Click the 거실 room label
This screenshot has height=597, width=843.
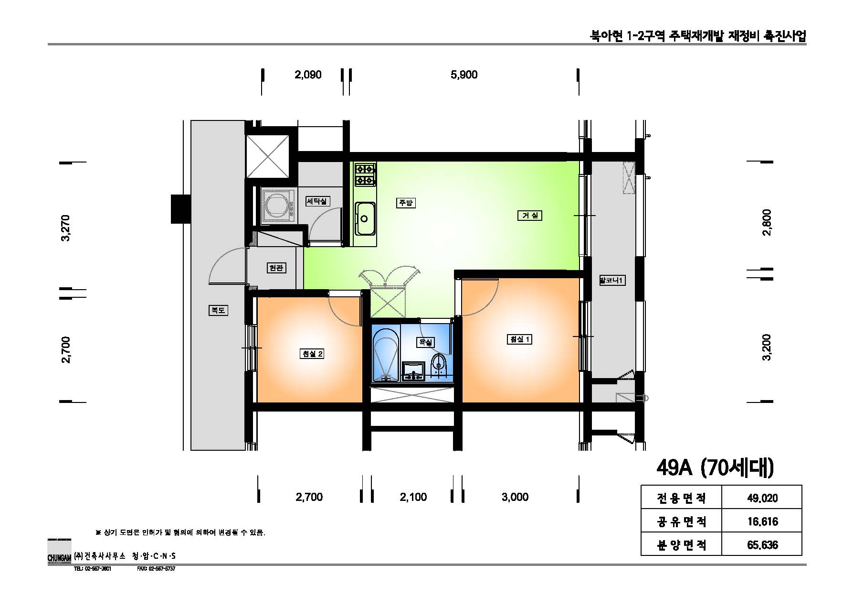[x=529, y=216]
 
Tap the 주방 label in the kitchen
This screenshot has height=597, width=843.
[x=405, y=203]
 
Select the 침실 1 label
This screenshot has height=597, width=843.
[x=519, y=339]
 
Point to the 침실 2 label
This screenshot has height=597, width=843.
[x=312, y=354]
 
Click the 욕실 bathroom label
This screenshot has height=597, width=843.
[x=425, y=342]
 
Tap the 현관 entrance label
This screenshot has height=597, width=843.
[x=276, y=268]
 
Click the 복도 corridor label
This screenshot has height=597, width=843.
[x=218, y=310]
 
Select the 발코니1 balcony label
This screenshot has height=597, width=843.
[x=611, y=281]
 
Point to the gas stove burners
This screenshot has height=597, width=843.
[x=365, y=174]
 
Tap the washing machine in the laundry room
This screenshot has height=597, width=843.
[x=277, y=206]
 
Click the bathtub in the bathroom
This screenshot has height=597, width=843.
[x=386, y=356]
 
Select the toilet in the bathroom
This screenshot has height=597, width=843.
[x=438, y=364]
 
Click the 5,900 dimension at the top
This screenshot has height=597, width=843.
[x=464, y=75]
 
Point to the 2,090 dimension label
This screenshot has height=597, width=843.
[x=308, y=75]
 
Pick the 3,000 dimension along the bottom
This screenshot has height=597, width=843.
[x=515, y=497]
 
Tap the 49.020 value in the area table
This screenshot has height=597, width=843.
[x=762, y=499]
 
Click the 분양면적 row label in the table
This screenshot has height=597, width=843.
[x=681, y=544]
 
